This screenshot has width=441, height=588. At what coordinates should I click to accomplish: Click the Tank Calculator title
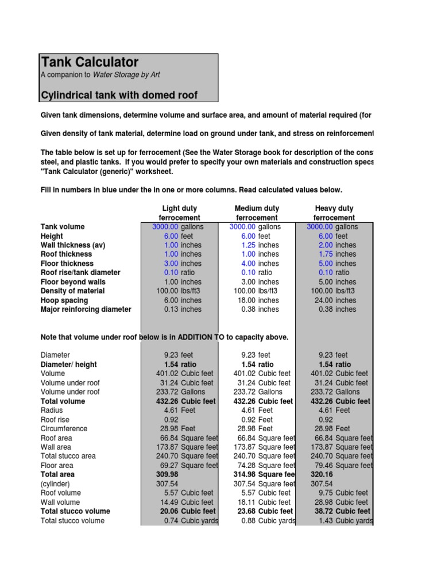tap(90, 62)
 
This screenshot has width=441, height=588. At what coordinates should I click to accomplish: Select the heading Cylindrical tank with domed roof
tap(119, 95)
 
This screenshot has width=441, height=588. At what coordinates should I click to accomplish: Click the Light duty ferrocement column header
tap(179, 213)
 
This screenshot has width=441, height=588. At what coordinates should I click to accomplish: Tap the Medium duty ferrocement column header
tap(257, 213)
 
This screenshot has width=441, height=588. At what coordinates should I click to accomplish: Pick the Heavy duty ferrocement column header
tap(334, 213)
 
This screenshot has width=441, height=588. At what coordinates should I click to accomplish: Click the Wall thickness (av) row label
tap(72, 245)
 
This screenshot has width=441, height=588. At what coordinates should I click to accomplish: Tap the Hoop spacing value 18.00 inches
tap(246, 300)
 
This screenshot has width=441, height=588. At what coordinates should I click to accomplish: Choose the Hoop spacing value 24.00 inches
tap(324, 300)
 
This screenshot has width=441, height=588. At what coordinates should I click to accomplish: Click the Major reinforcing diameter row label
tap(86, 310)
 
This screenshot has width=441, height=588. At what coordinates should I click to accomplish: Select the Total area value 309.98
tap(167, 475)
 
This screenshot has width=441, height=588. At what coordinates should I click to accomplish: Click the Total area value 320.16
tap(322, 475)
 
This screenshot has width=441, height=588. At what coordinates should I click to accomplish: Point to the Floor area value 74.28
tap(246, 466)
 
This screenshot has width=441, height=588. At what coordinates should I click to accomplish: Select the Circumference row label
tap(64, 429)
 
